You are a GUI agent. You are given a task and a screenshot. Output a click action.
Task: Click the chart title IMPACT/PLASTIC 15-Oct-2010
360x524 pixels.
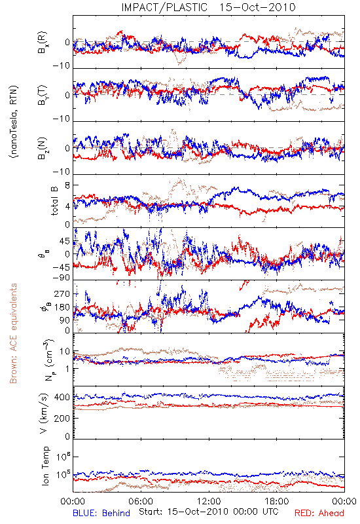[x=208, y=7]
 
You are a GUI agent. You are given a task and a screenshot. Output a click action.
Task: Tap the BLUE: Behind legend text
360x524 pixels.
[x=101, y=514]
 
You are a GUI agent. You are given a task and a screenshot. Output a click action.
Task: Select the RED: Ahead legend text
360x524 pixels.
[x=319, y=514]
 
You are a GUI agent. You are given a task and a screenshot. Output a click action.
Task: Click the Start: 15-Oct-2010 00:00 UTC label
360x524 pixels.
[x=208, y=512]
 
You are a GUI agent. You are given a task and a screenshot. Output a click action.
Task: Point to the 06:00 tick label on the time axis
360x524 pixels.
[x=141, y=501]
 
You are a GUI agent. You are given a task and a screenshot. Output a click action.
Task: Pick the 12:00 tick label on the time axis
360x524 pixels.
[x=209, y=501]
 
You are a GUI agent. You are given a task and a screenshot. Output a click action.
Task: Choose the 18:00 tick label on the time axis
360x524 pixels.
[x=277, y=501]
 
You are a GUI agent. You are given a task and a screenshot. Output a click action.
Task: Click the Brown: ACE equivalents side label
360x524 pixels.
[x=13, y=333]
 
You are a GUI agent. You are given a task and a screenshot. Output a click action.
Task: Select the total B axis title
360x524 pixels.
[x=54, y=201]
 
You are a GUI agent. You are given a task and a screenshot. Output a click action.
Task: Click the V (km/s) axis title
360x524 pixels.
[x=44, y=413]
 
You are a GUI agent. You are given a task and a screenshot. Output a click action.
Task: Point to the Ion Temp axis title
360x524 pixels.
[x=45, y=466]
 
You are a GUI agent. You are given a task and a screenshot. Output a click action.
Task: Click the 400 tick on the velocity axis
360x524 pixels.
[x=62, y=398]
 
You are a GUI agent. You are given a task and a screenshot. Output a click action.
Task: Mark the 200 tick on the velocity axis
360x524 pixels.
[x=62, y=418]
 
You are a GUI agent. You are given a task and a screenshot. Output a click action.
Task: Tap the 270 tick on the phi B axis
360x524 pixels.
[x=62, y=293]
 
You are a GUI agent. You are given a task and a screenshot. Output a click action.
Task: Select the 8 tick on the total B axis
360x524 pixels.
[x=67, y=185]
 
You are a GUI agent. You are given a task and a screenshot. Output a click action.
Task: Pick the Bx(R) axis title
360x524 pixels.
[x=43, y=43]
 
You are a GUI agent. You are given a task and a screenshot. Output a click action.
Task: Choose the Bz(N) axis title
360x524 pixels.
[x=43, y=149]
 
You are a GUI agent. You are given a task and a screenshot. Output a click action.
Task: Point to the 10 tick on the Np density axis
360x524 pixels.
[x=65, y=352]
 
